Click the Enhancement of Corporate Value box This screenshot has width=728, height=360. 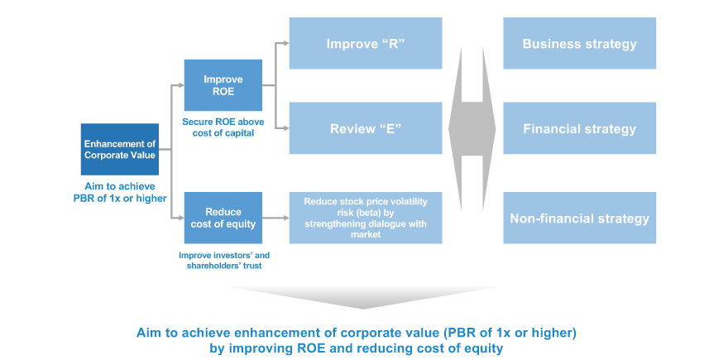(120, 149)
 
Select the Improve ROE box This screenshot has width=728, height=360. (223, 85)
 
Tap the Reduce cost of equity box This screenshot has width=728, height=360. (223, 218)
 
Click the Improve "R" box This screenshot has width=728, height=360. (366, 43)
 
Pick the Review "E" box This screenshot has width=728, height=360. (366, 128)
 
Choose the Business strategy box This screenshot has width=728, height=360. (579, 43)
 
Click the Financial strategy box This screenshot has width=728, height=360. (579, 128)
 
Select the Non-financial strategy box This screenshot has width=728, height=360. (579, 218)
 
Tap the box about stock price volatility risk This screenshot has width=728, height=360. (366, 218)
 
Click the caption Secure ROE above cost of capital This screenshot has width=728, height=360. (223, 127)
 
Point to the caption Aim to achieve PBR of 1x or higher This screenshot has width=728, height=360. (120, 192)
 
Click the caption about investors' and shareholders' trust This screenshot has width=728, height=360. (224, 261)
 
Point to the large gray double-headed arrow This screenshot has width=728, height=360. (472, 128)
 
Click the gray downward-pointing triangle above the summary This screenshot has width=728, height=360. (363, 297)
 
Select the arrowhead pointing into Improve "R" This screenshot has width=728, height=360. (286, 43)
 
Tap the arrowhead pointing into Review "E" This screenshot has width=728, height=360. (286, 128)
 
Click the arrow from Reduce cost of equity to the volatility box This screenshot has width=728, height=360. (275, 218)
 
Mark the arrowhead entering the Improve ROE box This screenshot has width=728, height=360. (181, 85)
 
